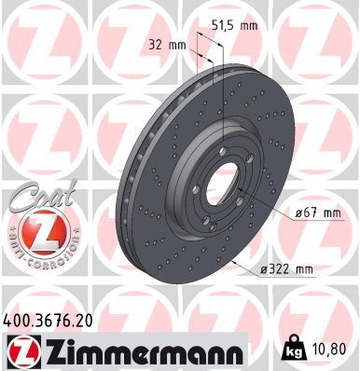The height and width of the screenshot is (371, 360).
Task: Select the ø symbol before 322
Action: (x=265, y=269)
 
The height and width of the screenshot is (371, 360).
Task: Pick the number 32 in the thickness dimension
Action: (x=154, y=44)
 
